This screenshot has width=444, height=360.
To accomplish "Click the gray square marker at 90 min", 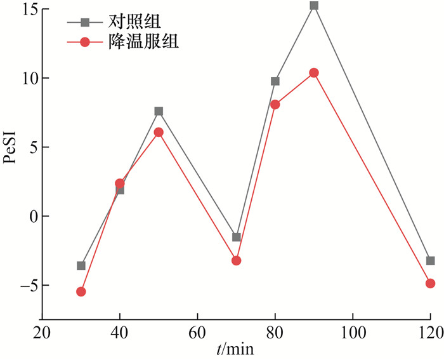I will [x=314, y=6].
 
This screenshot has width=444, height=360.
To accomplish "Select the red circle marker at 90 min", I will [x=314, y=73].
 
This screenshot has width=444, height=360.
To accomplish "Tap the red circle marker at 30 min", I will [x=81, y=291].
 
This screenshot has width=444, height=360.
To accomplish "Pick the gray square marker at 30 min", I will [x=81, y=265].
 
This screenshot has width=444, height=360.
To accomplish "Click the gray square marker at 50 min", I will [x=159, y=111].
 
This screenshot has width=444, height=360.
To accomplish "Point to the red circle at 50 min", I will [x=159, y=132].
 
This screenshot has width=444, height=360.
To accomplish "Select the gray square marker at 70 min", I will [x=237, y=237].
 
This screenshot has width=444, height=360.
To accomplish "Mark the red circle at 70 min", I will [x=237, y=260].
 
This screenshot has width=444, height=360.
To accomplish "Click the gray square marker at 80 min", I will [x=275, y=81].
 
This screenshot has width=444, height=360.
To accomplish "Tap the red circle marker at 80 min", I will [x=275, y=104].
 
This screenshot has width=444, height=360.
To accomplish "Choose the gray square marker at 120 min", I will [x=431, y=260].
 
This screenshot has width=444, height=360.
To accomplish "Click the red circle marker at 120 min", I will [x=431, y=283].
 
